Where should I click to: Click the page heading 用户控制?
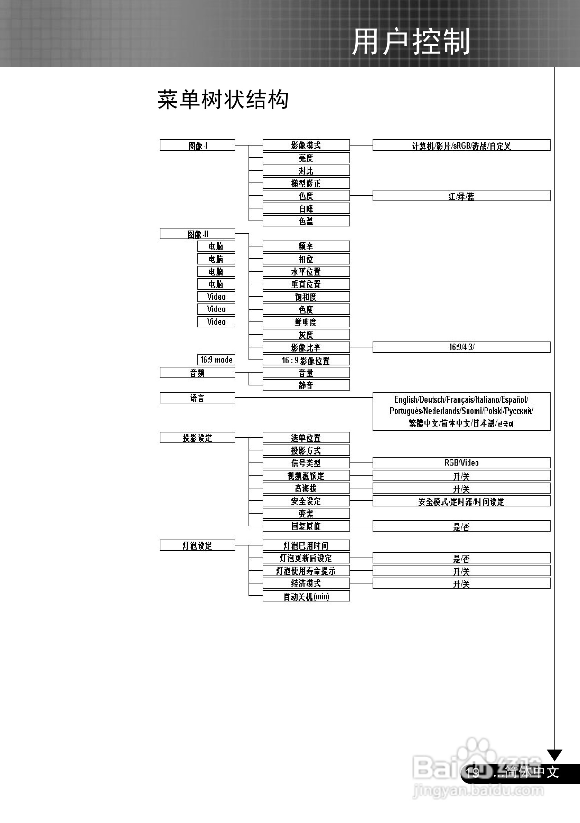tap(411, 42)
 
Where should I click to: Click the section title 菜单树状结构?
tap(223, 99)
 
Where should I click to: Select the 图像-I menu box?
tap(197, 145)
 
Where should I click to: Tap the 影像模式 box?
tap(306, 145)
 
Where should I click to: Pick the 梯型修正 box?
tap(306, 183)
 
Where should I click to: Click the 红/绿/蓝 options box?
tap(461, 196)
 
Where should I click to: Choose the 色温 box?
tap(306, 221)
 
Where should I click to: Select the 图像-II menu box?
tap(197, 234)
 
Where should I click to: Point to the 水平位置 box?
tap(306, 271)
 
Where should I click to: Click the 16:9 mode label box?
tap(216, 359)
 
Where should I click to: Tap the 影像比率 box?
tap(306, 347)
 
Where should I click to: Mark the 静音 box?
tap(306, 385)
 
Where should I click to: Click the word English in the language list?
tap(406, 400)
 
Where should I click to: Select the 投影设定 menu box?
tap(197, 437)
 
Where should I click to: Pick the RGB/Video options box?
tap(461, 462)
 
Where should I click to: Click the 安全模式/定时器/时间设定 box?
tap(461, 501)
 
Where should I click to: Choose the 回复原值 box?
tap(306, 526)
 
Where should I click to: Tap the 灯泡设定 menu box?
tap(197, 545)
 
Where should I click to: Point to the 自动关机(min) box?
tap(306, 596)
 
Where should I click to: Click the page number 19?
tap(473, 773)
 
